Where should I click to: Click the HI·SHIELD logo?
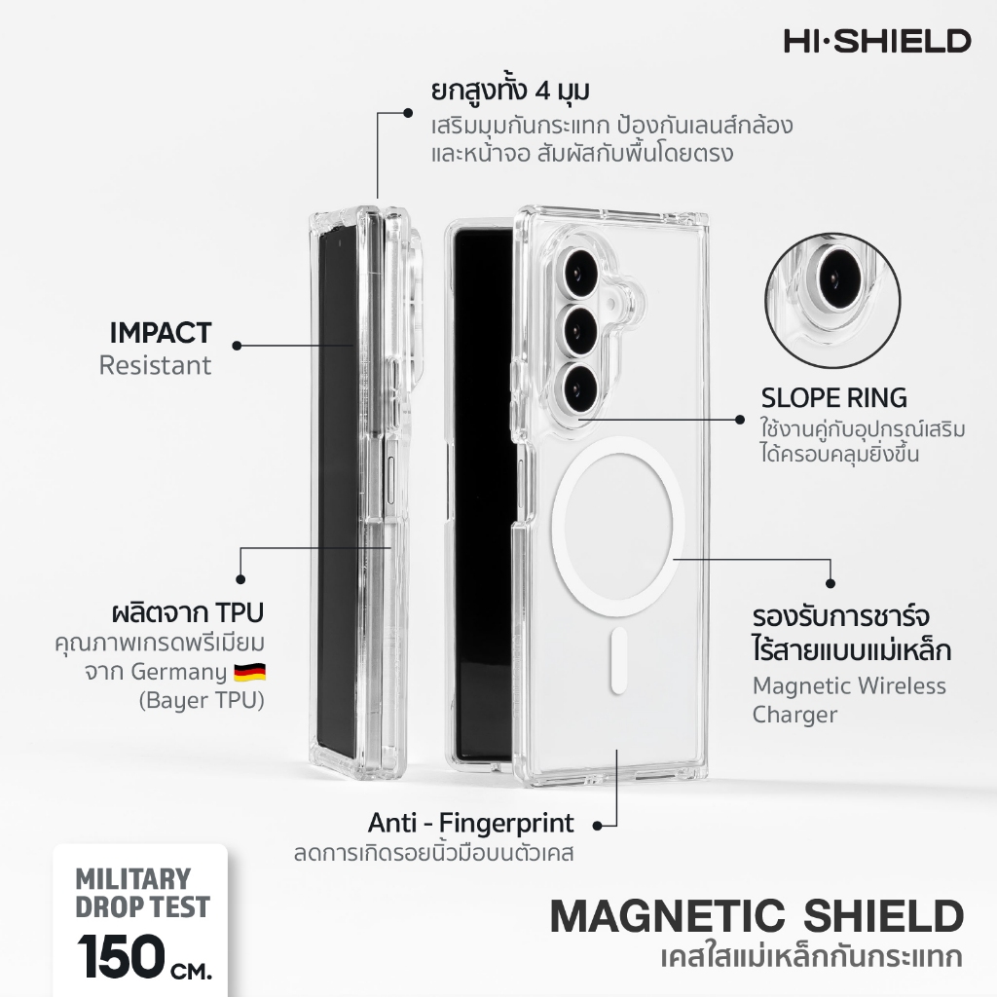click(x=877, y=41)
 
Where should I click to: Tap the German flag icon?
click(x=249, y=672)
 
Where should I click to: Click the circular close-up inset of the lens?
click(x=832, y=300)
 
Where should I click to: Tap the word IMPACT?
click(x=161, y=333)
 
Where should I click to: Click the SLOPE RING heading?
click(x=834, y=398)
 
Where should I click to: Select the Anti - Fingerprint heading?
click(x=470, y=824)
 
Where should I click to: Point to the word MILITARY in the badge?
click(x=132, y=879)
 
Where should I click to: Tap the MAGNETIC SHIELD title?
click(x=757, y=916)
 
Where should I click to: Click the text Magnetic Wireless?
click(x=849, y=686)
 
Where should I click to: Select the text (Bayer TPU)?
click(x=202, y=700)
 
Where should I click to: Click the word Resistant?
click(x=155, y=366)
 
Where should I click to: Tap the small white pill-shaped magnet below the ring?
click(x=618, y=661)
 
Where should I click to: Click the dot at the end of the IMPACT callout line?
click(x=238, y=346)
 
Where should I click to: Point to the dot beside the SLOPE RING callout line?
click(x=740, y=420)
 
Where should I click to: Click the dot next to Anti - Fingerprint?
click(x=597, y=826)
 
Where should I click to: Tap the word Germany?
click(x=179, y=672)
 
